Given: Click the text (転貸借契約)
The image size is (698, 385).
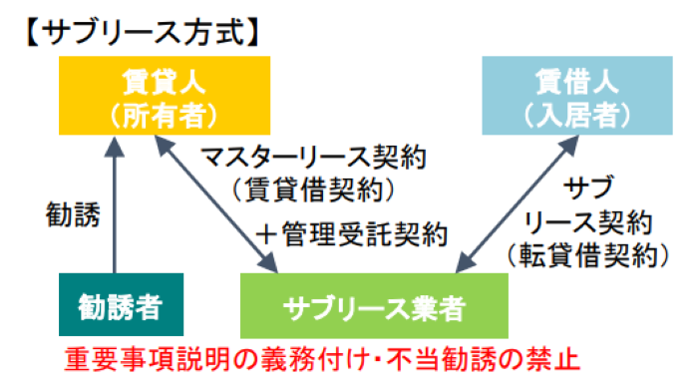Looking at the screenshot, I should [x=587, y=253].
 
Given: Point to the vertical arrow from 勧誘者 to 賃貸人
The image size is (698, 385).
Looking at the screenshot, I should [x=115, y=204].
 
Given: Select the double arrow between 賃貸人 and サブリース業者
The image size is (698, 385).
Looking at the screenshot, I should [x=216, y=204].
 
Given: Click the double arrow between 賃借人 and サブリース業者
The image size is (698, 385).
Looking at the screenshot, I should [x=519, y=204].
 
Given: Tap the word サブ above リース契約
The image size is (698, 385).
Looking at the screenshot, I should [x=587, y=187].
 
